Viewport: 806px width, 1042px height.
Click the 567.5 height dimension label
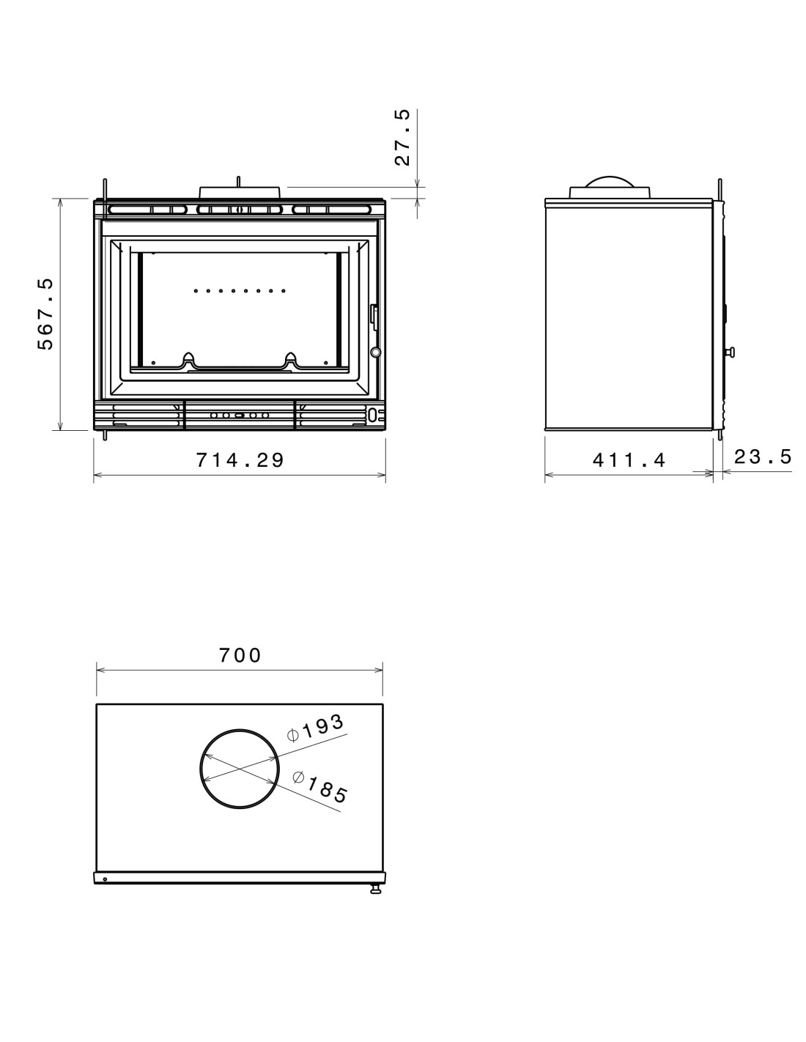(45, 314)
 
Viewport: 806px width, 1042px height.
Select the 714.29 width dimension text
(240, 460)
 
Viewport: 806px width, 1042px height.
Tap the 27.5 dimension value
(402, 138)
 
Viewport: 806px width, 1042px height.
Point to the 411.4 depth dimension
(629, 460)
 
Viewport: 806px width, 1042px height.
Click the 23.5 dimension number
(763, 457)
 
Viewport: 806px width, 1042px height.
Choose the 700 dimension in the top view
(240, 655)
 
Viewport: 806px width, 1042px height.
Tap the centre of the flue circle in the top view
(240, 769)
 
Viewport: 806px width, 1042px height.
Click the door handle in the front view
(374, 316)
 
